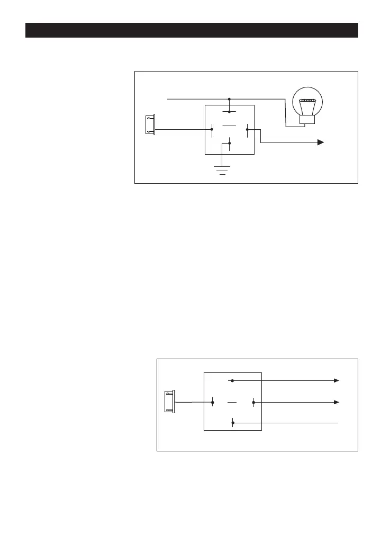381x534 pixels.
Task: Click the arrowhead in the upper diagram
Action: (x=320, y=143)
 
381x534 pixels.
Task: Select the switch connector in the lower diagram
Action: (x=169, y=402)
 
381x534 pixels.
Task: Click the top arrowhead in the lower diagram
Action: (x=336, y=380)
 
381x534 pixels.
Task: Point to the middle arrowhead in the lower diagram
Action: (x=336, y=402)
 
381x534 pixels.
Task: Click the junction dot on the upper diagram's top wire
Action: (x=229, y=99)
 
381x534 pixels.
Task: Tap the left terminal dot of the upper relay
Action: (x=212, y=129)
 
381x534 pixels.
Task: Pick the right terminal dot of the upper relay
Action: (x=247, y=129)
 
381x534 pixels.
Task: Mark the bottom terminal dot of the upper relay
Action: (x=229, y=143)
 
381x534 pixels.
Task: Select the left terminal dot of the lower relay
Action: (x=212, y=402)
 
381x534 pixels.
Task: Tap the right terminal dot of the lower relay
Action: (x=253, y=402)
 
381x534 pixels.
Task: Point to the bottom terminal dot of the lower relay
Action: (x=233, y=423)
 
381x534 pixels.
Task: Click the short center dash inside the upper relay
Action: (x=229, y=126)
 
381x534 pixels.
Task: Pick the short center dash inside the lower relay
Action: (x=232, y=402)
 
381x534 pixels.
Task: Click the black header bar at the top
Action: (x=192, y=30)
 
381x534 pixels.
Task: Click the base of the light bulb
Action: (x=307, y=120)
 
